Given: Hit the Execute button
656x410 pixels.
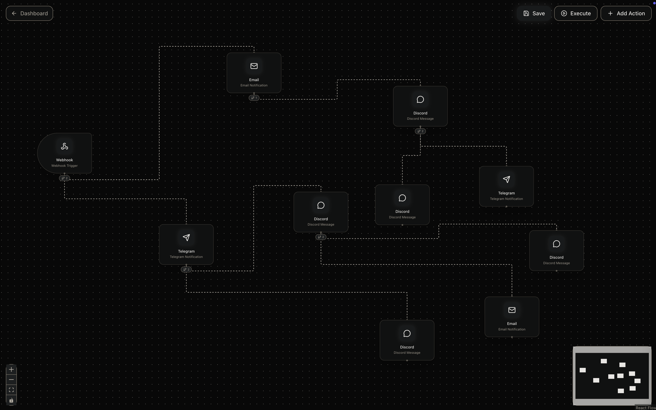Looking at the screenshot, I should tap(576, 13).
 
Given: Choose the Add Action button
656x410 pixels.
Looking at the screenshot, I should tap(626, 13).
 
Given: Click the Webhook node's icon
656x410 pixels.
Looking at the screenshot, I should tap(64, 146).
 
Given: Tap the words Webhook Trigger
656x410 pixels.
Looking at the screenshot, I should tap(64, 166).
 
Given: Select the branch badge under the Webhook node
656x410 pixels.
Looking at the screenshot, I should tap(64, 178).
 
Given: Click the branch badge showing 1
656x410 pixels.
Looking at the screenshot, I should tap(254, 98).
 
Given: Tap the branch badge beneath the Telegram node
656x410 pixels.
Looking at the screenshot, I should tap(186, 269).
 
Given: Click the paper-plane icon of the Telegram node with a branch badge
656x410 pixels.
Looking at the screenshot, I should tap(186, 238).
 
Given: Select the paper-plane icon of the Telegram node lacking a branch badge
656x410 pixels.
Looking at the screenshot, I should tap(506, 180).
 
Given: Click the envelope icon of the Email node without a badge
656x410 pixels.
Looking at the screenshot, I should tap(512, 310).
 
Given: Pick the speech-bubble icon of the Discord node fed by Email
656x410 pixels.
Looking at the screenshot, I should tap(420, 100).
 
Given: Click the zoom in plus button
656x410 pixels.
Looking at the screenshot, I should tap(11, 370).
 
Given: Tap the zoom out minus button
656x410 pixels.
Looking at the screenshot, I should tap(11, 380).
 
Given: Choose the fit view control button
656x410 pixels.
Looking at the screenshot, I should tap(11, 390).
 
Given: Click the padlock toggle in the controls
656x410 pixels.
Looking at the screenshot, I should tap(11, 400).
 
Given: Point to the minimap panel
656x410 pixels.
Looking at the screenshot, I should tap(612, 376).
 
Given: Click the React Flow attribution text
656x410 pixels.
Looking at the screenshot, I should tap(645, 408).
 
